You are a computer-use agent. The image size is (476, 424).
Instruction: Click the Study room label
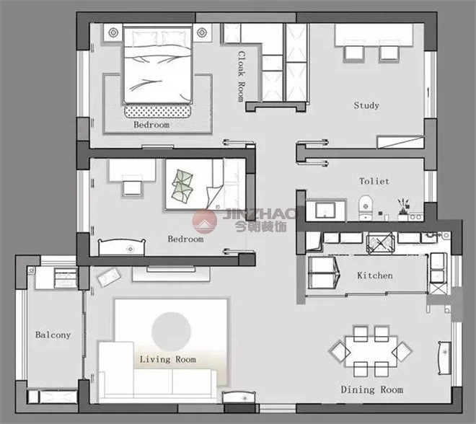click(366, 105)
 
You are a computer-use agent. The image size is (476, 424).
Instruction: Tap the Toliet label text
click(374, 181)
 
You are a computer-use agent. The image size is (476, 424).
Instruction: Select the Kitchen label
click(375, 275)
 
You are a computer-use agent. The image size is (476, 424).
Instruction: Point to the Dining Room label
click(372, 389)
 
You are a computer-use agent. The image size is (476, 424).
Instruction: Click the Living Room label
click(168, 359)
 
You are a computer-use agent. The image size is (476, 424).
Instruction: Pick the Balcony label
click(53, 335)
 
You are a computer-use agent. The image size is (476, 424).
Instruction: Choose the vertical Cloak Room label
click(241, 76)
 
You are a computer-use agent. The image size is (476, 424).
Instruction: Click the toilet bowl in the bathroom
click(366, 208)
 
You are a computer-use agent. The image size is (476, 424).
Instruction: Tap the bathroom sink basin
click(325, 210)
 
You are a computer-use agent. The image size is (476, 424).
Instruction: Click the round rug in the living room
click(171, 332)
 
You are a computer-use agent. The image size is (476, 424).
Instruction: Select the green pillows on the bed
click(182, 185)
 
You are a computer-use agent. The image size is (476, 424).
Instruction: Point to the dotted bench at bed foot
click(158, 111)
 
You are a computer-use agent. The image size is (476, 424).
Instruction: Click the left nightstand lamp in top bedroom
click(113, 32)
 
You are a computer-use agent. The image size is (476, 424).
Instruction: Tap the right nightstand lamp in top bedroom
click(201, 32)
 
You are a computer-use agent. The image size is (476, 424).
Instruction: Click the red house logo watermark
click(205, 221)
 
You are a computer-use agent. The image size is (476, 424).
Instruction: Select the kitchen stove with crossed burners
click(381, 243)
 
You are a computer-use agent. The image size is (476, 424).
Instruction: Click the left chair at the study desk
click(353, 53)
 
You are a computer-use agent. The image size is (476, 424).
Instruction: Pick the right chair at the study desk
click(389, 53)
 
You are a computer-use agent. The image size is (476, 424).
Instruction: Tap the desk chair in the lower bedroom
click(133, 188)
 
